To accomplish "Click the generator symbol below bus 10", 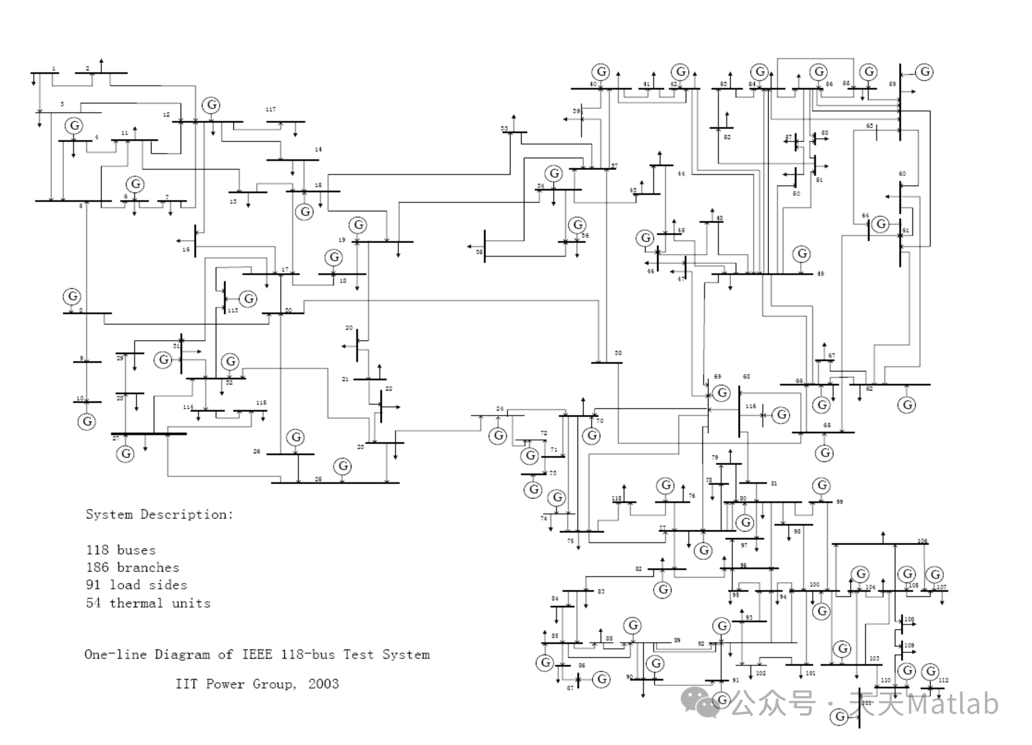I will click(87, 422).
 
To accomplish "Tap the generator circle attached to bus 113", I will click(249, 299).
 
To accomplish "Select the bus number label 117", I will click(270, 110).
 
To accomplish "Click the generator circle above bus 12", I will click(212, 105).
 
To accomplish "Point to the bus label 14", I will click(318, 149).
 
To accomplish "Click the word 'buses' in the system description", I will click(136, 550).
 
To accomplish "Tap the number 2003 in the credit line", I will click(323, 684).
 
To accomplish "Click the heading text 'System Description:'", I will click(159, 515).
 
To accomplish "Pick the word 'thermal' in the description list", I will click(136, 604).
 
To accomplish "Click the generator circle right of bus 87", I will click(602, 679).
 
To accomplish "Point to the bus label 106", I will click(922, 541).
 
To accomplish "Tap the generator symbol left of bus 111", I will click(839, 717).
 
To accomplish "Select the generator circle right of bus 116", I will click(782, 414).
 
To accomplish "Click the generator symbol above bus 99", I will click(822, 485).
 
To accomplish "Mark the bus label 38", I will click(618, 353).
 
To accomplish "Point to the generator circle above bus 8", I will click(72, 296).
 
